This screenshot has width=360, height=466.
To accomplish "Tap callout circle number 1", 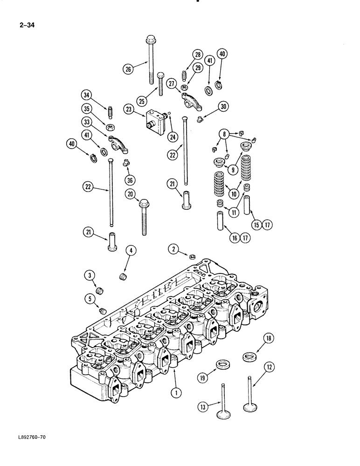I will tap(175, 393).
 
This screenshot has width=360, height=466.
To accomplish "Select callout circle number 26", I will tap(128, 69).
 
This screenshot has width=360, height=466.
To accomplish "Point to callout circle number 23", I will tap(128, 110).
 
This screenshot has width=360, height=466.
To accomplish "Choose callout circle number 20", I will tap(130, 194).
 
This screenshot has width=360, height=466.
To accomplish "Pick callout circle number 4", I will tap(131, 251).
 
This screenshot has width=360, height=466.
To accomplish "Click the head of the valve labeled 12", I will tap(252, 406).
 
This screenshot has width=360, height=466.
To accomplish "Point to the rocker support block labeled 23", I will tap(155, 120).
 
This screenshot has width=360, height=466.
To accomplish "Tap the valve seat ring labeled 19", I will tap(224, 364).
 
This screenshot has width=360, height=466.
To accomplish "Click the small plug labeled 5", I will tap(103, 311).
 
